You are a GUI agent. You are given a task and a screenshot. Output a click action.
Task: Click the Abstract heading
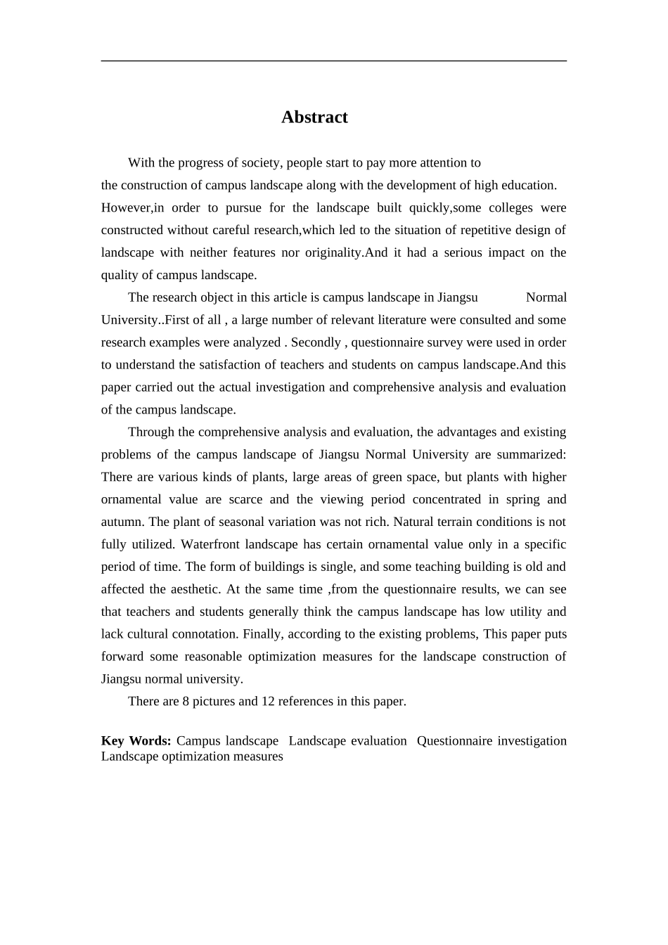pos(314,117)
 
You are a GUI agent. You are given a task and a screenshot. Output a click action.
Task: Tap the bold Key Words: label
pos(136,741)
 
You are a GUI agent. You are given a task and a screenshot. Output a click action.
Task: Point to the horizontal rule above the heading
pos(333,61)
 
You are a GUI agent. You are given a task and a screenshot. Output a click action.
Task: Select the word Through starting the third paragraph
pos(150,432)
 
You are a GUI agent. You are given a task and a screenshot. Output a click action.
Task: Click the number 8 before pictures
pos(186,702)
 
